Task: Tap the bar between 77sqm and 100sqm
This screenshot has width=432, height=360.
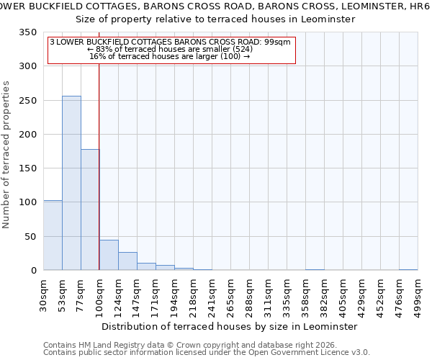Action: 90,210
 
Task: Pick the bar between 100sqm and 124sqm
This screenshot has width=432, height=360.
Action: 109,255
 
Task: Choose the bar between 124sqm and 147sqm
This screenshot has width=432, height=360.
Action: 127,261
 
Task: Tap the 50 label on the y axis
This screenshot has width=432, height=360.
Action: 30,236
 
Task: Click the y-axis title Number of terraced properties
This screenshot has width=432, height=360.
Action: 7,154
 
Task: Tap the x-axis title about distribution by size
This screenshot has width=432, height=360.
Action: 230,326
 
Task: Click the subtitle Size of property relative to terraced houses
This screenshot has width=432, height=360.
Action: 230,19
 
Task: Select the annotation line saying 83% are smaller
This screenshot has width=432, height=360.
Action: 170,49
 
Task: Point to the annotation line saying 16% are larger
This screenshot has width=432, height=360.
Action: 170,56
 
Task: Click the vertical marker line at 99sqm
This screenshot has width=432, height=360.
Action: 99,158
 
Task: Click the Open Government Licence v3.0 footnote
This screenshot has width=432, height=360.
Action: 207,352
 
